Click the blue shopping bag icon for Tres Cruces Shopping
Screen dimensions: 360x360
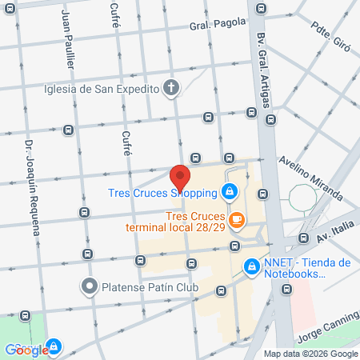[x=230, y=191]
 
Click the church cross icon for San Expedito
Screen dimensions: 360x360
[x=171, y=88]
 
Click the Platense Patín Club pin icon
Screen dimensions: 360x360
[x=90, y=286]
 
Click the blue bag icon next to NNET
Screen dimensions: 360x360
[x=251, y=265]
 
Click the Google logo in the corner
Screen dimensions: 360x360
[x=27, y=349]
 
